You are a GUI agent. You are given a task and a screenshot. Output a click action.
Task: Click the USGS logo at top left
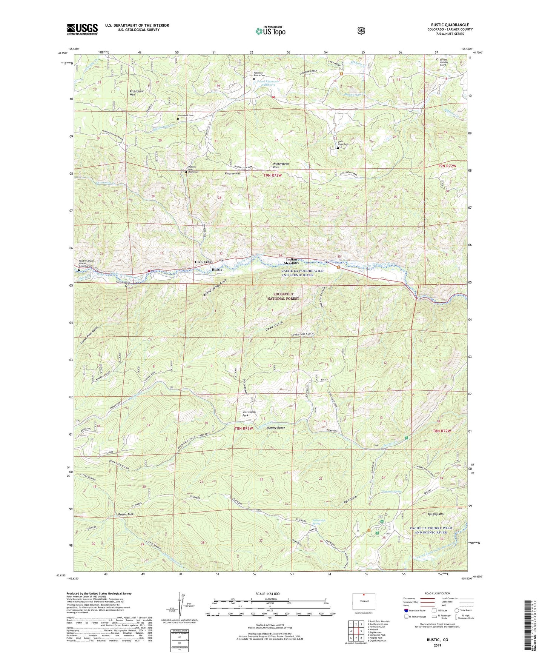(x=82, y=29)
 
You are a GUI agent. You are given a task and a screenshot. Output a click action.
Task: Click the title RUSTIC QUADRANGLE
(x=450, y=25)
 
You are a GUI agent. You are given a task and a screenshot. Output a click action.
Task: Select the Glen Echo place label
(x=203, y=262)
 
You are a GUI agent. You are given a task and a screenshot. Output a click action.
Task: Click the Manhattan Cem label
(x=186, y=115)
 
